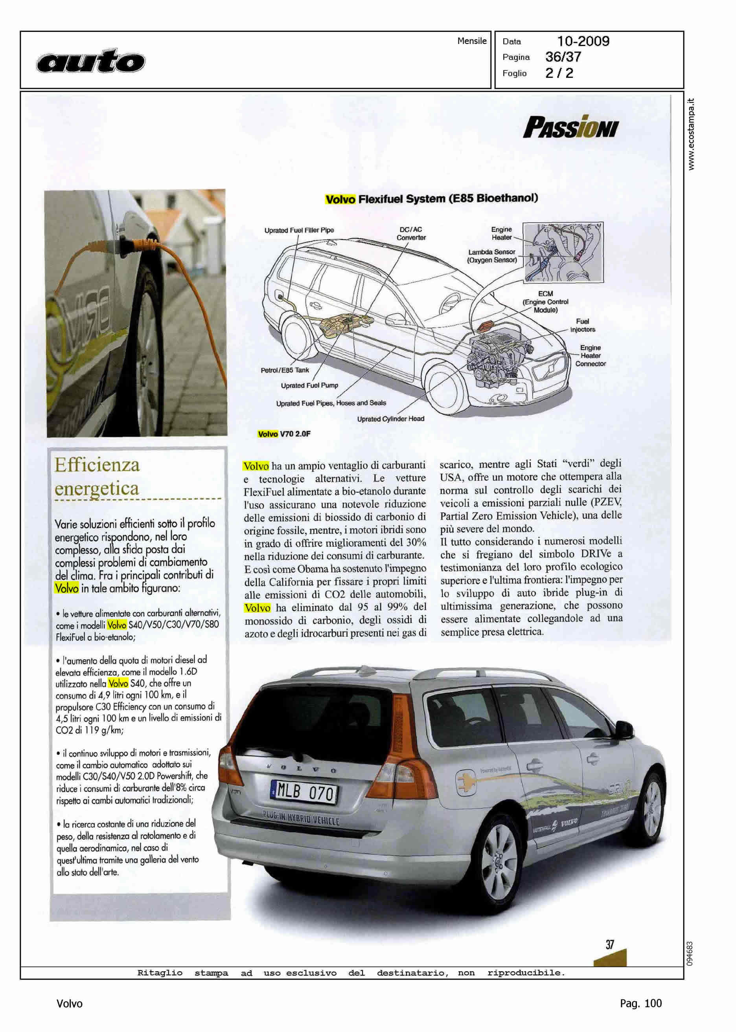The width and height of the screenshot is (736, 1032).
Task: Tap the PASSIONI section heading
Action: [x=570, y=127]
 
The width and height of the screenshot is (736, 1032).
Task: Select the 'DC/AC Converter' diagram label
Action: [x=411, y=233]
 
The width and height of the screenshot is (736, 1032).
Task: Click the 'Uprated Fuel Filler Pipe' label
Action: [x=299, y=230]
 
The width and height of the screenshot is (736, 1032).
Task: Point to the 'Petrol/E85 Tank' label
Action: [x=285, y=370]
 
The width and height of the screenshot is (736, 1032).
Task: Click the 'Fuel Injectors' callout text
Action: [x=582, y=325]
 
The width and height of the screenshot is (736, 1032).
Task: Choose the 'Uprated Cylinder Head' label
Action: [x=391, y=419]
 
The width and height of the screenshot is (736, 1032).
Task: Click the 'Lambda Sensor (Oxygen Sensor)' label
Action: [x=492, y=256]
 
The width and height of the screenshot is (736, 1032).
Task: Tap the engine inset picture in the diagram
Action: [x=563, y=252]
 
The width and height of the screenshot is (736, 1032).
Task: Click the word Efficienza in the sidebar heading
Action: [x=97, y=465]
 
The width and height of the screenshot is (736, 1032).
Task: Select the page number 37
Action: [x=609, y=945]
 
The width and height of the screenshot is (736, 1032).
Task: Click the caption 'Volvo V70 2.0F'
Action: [x=284, y=434]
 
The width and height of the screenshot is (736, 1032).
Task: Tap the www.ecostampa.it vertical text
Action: [x=691, y=134]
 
